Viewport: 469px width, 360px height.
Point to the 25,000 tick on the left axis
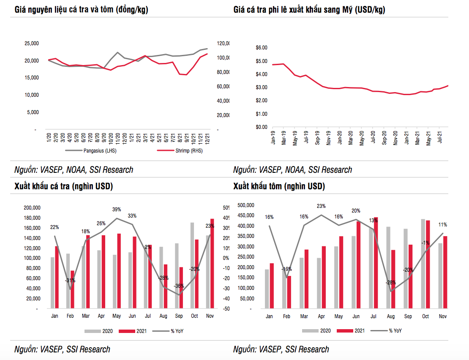point(32,43)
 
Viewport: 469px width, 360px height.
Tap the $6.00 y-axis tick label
point(262,48)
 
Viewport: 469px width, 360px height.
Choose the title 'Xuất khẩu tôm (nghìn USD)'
point(279,186)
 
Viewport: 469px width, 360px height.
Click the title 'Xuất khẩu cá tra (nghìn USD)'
point(63,186)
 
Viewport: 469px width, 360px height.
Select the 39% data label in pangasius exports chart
point(117,209)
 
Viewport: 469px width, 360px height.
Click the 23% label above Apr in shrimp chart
point(321,206)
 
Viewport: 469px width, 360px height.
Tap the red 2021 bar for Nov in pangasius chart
point(212,263)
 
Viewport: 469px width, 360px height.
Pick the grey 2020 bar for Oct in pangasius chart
point(192,265)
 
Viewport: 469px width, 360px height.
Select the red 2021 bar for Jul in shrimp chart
point(376,262)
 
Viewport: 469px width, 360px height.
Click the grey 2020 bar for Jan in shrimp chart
point(267,289)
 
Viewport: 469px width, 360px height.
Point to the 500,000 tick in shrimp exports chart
point(247,205)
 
